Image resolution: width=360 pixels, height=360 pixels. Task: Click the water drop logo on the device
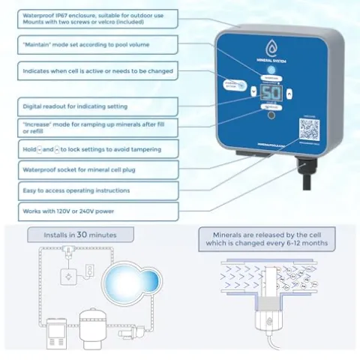tap(271, 49)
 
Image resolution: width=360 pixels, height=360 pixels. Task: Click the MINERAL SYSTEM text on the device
tap(271, 63)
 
